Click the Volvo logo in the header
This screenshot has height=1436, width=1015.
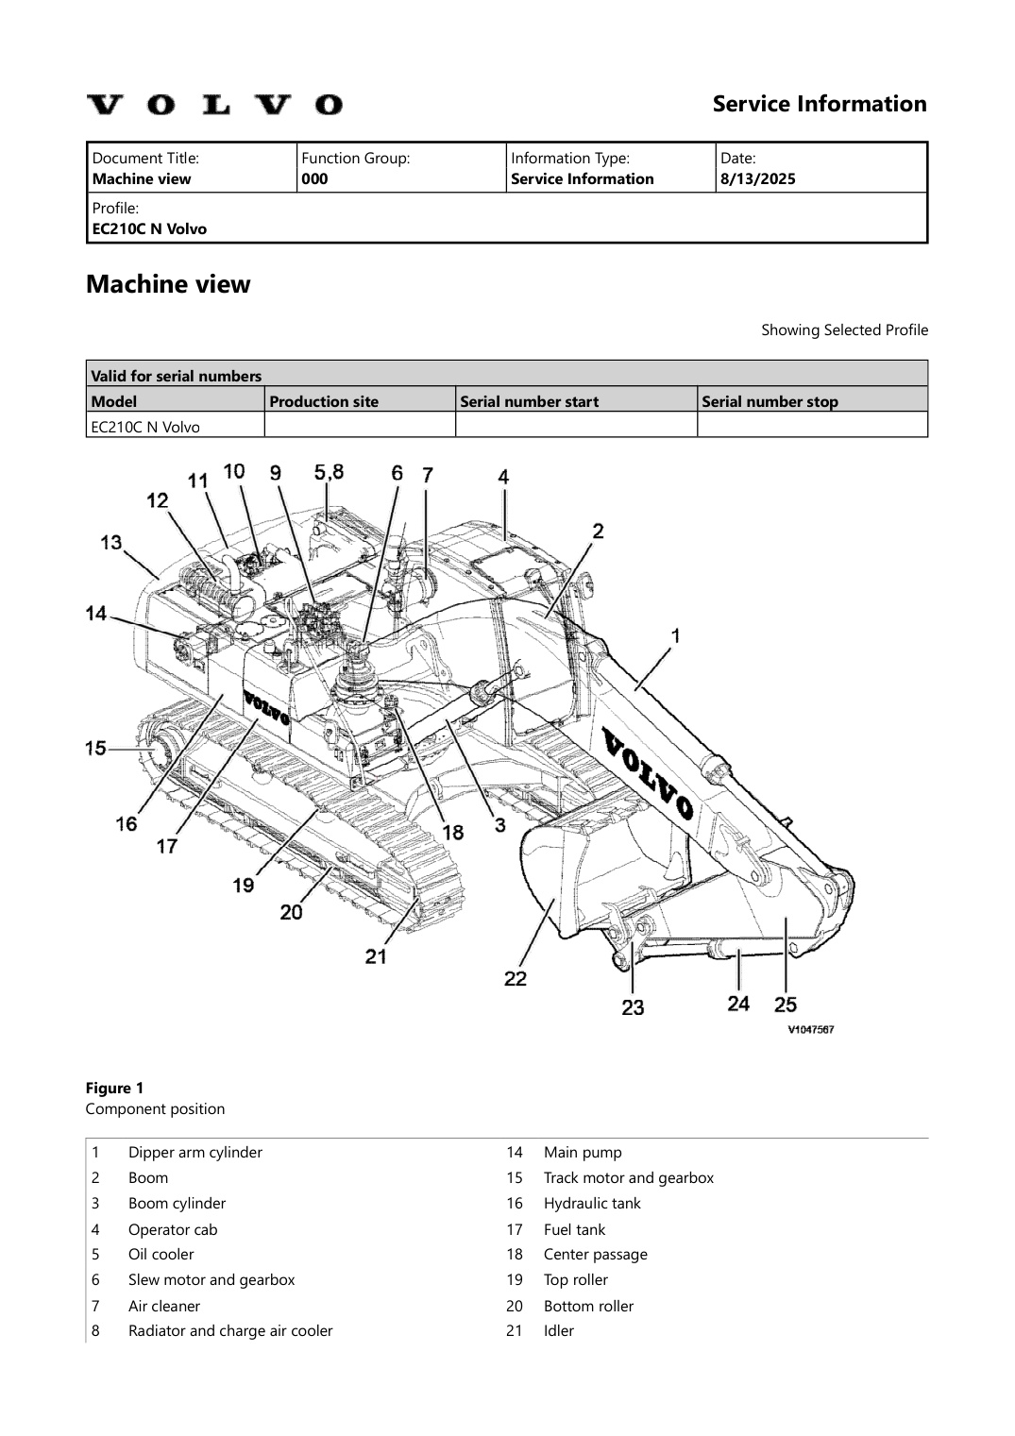click(214, 104)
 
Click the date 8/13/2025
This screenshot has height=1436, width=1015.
click(757, 178)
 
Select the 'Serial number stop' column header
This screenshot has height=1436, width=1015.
click(770, 401)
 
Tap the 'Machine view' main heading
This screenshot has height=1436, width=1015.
click(168, 284)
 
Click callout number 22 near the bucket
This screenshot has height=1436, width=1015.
click(515, 978)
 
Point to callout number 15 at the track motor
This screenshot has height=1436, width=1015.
click(95, 748)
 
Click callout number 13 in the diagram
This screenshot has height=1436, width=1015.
click(111, 542)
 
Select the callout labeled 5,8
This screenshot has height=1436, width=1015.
click(329, 471)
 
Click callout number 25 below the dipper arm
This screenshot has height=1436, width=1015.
click(785, 1004)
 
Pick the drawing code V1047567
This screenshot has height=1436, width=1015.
click(810, 1030)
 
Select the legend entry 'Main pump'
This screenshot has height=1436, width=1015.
click(583, 1152)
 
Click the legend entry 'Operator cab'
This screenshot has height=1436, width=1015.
click(173, 1229)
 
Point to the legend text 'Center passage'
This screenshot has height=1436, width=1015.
click(595, 1254)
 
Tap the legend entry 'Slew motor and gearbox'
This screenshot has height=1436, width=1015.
click(211, 1279)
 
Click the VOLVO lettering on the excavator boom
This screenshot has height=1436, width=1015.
click(648, 771)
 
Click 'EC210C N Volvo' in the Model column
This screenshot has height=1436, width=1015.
click(145, 427)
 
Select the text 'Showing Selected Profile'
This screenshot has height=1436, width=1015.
click(844, 329)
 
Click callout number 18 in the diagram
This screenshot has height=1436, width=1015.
click(453, 832)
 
